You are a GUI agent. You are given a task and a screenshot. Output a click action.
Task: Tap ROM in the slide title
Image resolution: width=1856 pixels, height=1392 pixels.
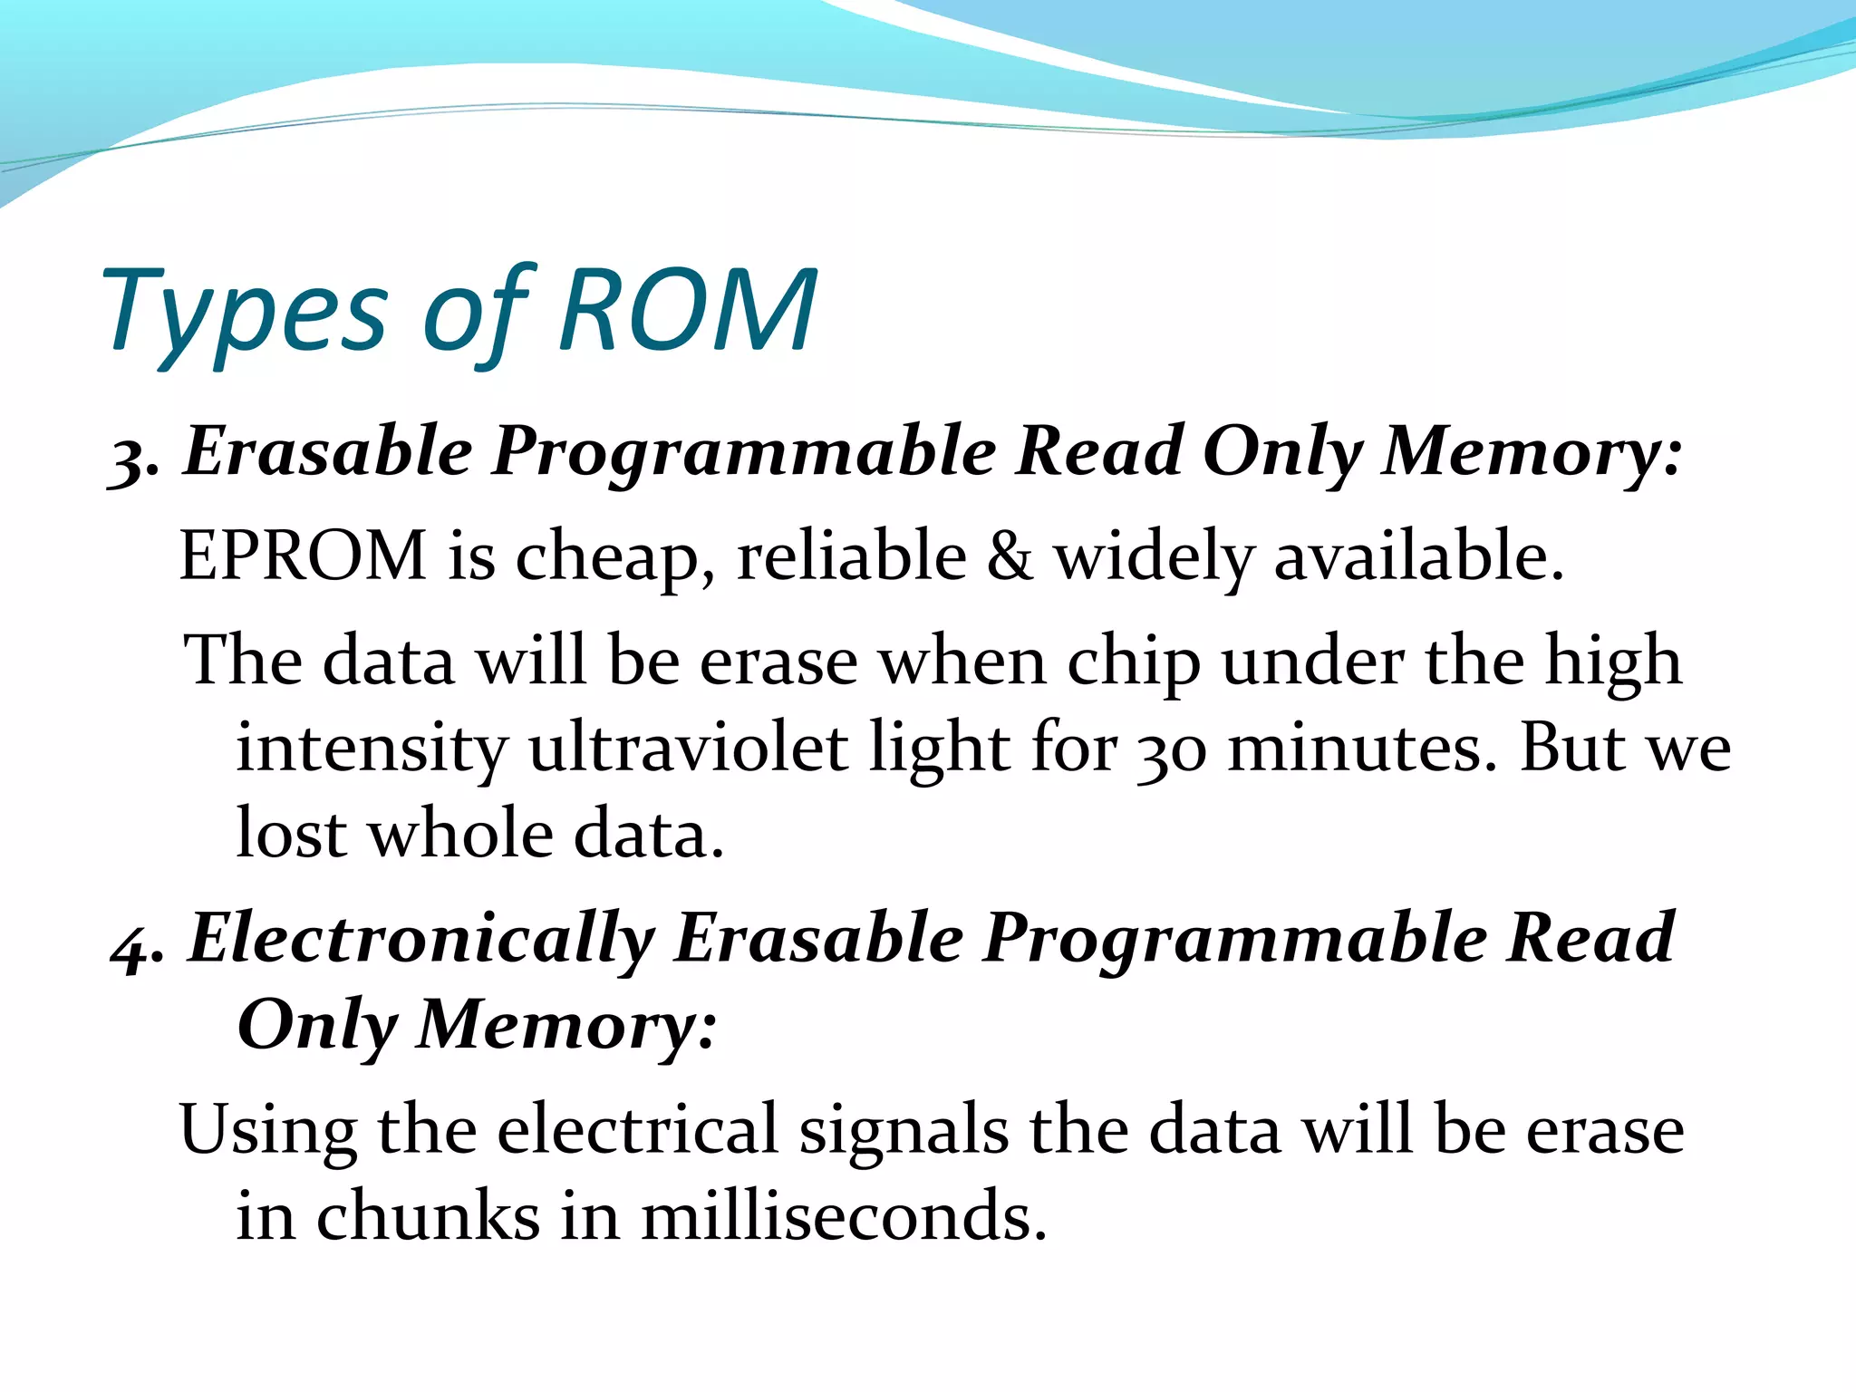(689, 311)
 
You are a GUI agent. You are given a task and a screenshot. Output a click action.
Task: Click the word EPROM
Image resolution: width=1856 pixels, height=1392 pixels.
(303, 555)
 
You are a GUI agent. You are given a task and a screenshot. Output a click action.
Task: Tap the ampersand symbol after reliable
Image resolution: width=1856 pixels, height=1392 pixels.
(1009, 555)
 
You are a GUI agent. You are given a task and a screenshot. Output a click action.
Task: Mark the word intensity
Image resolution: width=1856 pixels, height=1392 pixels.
(372, 749)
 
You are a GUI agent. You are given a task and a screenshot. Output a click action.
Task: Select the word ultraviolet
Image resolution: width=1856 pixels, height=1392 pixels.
(689, 747)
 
